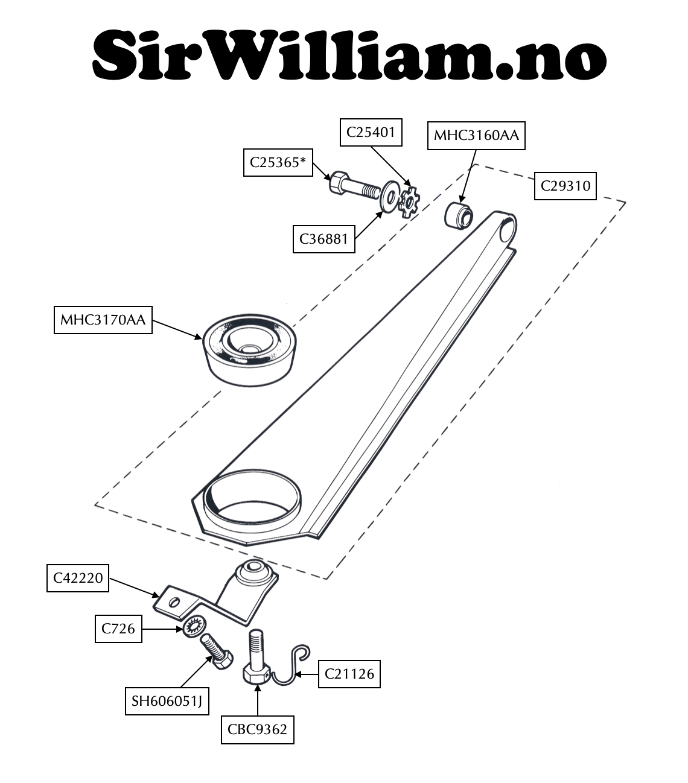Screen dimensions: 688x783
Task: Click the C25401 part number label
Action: point(371,132)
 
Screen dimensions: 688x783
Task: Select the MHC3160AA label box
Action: point(476,135)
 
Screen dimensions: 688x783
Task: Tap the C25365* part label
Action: point(278,162)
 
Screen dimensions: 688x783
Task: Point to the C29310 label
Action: point(565,186)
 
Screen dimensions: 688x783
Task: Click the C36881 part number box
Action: point(323,239)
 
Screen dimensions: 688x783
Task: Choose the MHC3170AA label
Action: point(103,320)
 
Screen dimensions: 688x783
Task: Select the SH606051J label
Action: point(167,701)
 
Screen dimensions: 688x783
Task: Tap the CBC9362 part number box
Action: point(258,730)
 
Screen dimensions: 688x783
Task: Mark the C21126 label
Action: point(349,674)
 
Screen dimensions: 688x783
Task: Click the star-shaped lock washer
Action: point(409,202)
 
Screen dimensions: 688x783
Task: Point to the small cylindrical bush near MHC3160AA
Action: point(458,215)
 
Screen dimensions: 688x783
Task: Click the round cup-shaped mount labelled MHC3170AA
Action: point(249,350)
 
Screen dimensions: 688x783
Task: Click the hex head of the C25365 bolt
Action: point(340,182)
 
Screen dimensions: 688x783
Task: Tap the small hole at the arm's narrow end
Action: point(507,231)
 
